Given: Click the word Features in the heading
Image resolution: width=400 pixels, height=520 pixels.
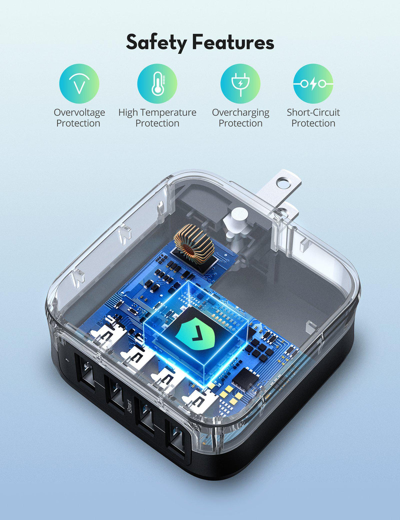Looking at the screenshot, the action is [233, 42].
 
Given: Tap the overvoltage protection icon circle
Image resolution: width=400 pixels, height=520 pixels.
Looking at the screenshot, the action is [79, 84].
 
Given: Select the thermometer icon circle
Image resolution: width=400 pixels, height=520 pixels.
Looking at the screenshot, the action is [157, 84].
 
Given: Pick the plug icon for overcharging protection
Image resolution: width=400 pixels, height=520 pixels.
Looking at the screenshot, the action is [240, 84].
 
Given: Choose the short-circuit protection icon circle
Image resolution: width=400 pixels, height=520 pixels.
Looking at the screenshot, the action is [313, 84].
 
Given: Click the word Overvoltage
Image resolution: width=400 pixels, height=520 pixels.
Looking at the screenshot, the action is [79, 113].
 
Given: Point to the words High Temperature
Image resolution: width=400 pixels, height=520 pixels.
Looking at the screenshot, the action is [157, 112].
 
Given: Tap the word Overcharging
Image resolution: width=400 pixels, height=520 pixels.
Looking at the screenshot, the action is [240, 113].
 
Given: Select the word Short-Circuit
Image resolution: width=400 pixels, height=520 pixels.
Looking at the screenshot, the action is [313, 112].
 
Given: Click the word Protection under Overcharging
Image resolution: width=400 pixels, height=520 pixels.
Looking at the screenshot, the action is [240, 123].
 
